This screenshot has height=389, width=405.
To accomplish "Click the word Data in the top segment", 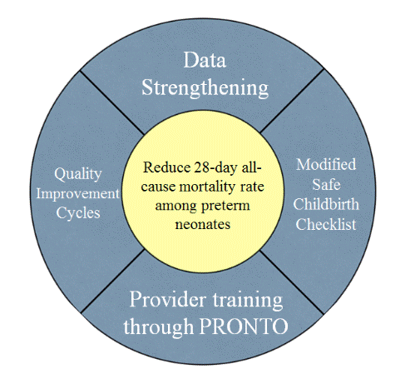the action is tap(205, 60).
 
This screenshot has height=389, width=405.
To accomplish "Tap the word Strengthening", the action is tap(205, 87).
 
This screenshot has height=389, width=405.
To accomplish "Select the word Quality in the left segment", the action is tap(78, 175).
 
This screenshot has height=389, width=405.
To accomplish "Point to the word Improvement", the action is tap(78, 193).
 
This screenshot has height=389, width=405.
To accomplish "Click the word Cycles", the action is tap(78, 213).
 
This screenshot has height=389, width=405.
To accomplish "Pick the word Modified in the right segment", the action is tap(326, 164).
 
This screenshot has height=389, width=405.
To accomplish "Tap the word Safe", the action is tap(326, 184).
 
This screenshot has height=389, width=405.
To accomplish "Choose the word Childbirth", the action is tap(326, 204).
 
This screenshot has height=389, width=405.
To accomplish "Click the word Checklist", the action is tap(326, 224).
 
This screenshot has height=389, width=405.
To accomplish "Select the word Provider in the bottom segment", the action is tap(168, 300).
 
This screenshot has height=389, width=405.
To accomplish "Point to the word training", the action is tap(248, 301).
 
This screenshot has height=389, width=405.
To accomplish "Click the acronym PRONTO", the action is tap(244, 327).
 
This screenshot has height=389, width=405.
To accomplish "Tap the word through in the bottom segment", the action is tap(159, 327).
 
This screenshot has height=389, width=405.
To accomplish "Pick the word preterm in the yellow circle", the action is tap(225, 207).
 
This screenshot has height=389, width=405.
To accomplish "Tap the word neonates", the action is tap(203, 224).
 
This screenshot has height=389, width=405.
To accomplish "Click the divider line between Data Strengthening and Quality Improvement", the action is tap(112, 102).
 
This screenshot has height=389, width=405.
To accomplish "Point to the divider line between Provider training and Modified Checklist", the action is tap(292, 282).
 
